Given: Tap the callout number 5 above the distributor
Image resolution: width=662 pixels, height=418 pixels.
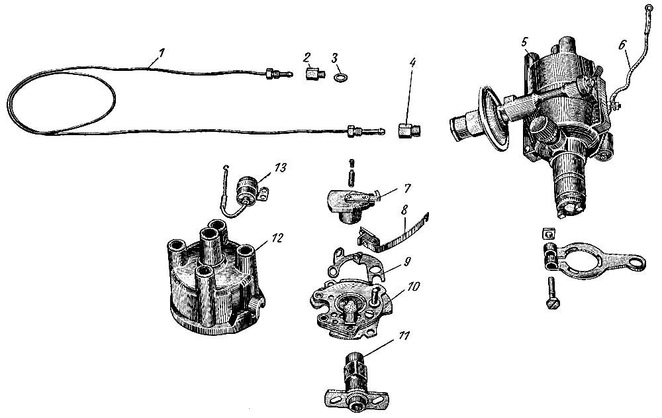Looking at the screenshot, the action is click(524, 41).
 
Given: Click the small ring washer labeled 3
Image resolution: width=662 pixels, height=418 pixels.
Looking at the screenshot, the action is click(340, 78).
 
